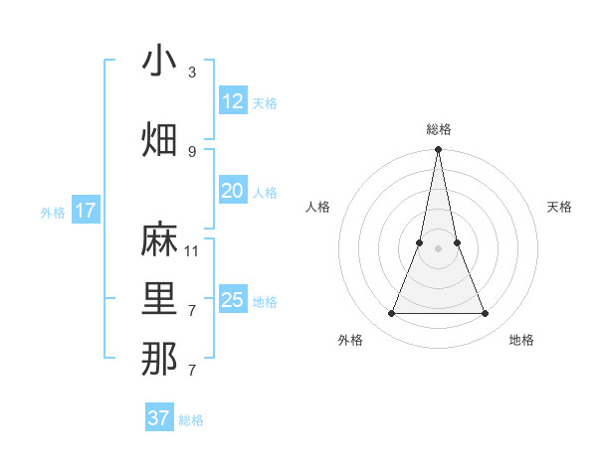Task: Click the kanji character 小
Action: (159, 61)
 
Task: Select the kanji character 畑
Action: (159, 139)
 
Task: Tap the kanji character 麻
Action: (159, 239)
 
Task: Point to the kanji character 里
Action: (159, 300)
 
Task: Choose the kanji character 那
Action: (159, 359)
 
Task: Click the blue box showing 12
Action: (233, 101)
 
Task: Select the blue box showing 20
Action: (233, 191)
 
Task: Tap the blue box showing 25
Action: (233, 300)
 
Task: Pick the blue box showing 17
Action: (85, 211)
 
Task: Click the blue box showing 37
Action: (159, 418)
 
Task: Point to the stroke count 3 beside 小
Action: (192, 73)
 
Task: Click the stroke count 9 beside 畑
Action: (192, 151)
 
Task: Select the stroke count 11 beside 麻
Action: (192, 250)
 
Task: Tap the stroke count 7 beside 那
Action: (192, 371)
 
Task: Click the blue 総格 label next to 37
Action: (191, 420)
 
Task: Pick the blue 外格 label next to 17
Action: (52, 213)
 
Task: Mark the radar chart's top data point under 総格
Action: (438, 151)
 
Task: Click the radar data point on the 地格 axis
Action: (485, 314)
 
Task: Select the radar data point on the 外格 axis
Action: (391, 314)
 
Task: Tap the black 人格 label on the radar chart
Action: (318, 207)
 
